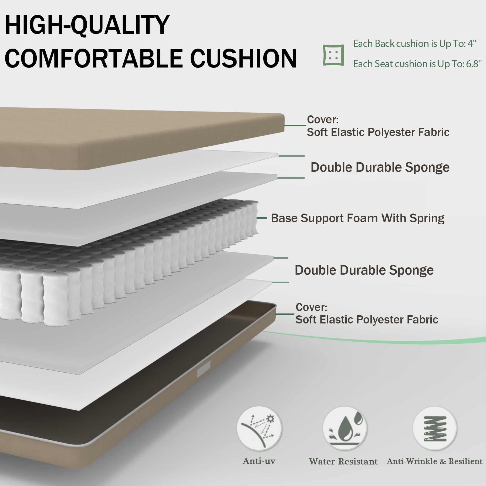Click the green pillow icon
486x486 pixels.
point(334,55)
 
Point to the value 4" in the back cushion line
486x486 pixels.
point(471,43)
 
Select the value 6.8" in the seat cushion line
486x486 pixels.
point(474,64)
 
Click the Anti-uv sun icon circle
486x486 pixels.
point(259,428)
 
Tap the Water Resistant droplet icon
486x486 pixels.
point(345,428)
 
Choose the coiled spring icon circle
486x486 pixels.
point(435,428)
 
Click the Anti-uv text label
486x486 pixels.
point(259,461)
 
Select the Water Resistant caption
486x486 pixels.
point(343,461)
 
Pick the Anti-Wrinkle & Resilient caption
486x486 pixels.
point(435,461)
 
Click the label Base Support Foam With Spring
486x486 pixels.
point(357,218)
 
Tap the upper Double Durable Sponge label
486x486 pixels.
point(380,167)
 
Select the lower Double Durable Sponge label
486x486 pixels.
point(364,270)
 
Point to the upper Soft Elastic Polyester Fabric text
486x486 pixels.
point(378,132)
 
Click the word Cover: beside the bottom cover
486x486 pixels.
point(311,307)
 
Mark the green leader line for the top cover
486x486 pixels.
point(295,126)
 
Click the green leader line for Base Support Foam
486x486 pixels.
point(262,218)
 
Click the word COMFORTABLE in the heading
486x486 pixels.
point(93,58)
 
